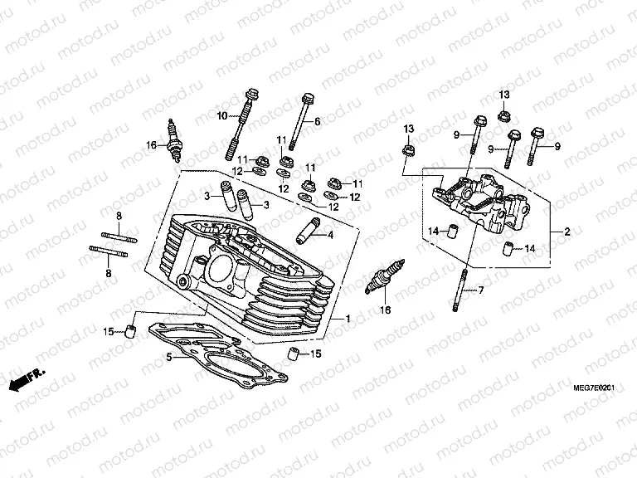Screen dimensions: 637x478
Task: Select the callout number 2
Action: click(567, 232)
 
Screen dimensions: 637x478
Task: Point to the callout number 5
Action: click(168, 358)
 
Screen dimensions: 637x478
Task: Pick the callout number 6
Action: click(316, 121)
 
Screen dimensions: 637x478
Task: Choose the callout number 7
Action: click(479, 290)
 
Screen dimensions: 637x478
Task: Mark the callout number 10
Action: click(222, 115)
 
